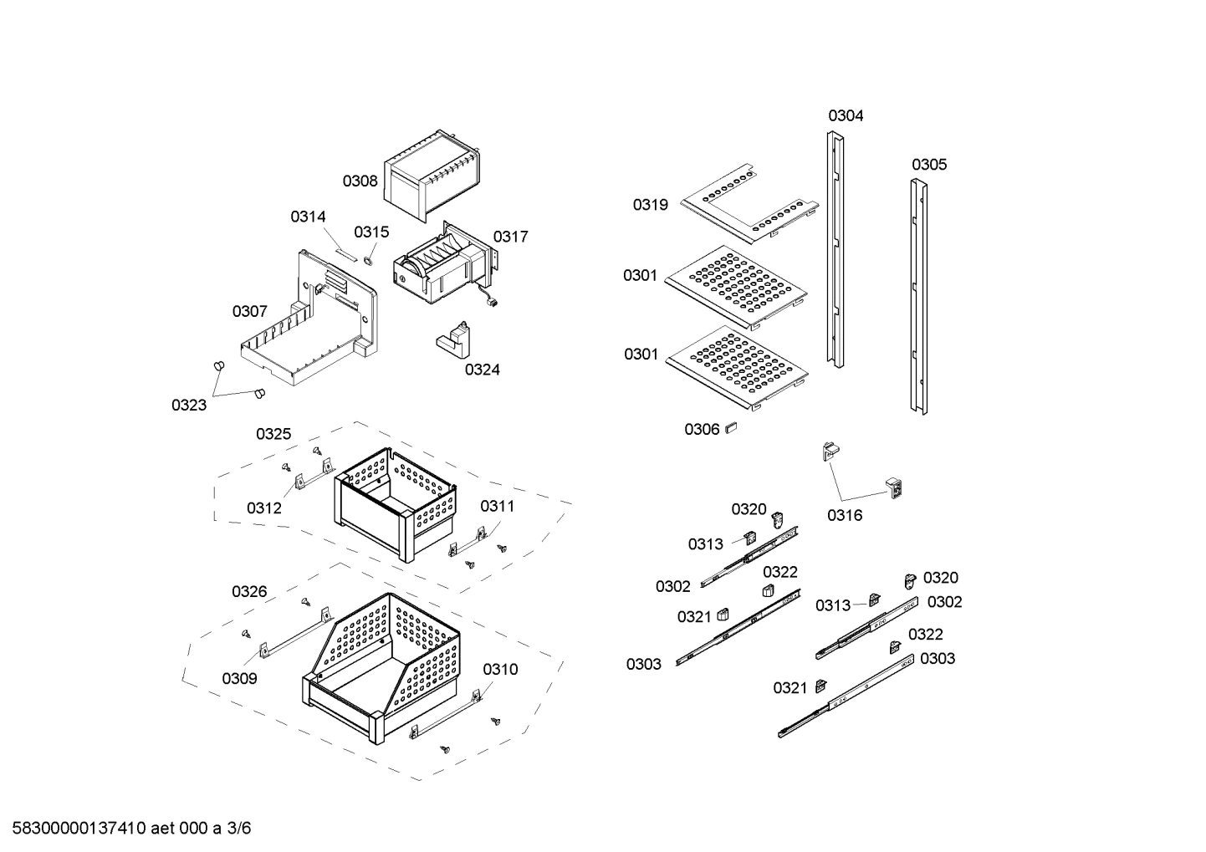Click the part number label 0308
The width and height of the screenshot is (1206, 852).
[x=360, y=181]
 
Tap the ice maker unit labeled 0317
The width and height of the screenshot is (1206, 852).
[x=439, y=268]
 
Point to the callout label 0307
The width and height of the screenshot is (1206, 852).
[x=249, y=312]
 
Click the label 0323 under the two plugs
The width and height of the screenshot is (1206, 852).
[x=189, y=406]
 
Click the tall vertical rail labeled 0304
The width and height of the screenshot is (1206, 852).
[x=836, y=251]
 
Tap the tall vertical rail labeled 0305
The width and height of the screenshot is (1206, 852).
[x=919, y=297]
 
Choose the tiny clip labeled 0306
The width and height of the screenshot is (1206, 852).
[x=730, y=427]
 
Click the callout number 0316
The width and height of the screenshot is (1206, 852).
[x=845, y=515]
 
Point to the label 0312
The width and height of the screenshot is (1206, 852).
[x=263, y=508]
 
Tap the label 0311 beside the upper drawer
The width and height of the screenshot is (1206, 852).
[x=497, y=506]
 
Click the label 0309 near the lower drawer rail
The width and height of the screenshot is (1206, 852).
[x=239, y=679]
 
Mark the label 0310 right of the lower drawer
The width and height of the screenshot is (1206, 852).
[x=499, y=669]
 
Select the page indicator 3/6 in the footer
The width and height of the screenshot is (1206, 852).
[x=239, y=829]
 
